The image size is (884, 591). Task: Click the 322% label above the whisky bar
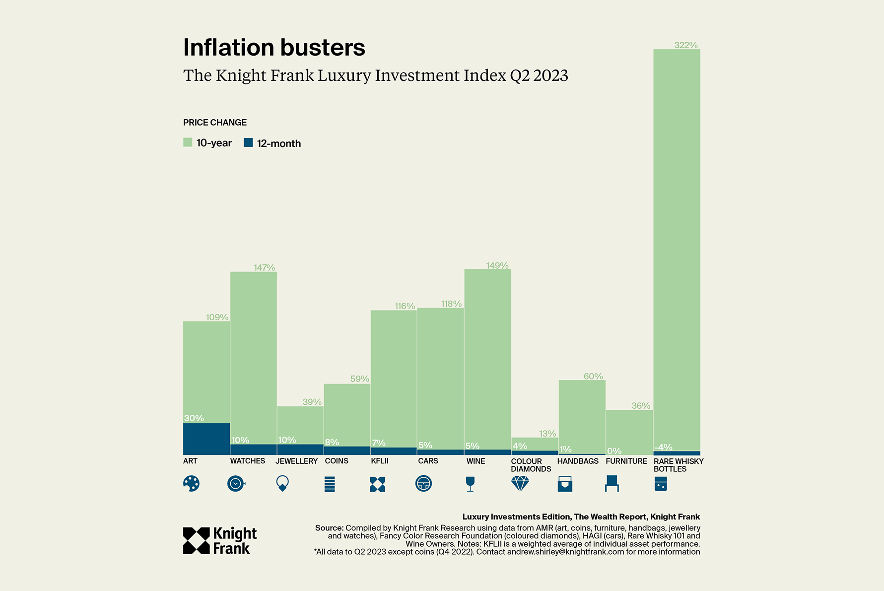coord(685,45)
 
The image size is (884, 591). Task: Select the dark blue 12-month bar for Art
coord(206,439)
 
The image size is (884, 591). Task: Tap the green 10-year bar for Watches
coord(253,358)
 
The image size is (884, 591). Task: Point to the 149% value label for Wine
coord(497,266)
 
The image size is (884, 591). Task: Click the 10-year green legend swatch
coord(188,143)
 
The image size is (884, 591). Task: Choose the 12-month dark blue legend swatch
coord(248,143)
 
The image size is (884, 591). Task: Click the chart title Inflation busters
coord(274,48)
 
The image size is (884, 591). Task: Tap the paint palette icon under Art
coord(191,483)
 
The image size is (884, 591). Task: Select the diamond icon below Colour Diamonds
coord(520,483)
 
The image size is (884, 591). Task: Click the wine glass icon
coord(470,484)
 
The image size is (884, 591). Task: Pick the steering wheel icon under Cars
coord(423,483)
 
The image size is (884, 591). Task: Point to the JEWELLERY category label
coord(296,461)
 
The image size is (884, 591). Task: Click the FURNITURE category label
coord(626,461)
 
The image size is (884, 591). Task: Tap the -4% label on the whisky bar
coord(663,447)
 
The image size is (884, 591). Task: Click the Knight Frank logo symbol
coord(196,540)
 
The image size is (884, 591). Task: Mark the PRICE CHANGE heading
coord(214,122)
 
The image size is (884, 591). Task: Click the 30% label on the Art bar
coord(194,418)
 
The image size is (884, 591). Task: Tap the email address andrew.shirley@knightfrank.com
coord(565,552)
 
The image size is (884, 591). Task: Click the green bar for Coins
coord(347,415)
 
